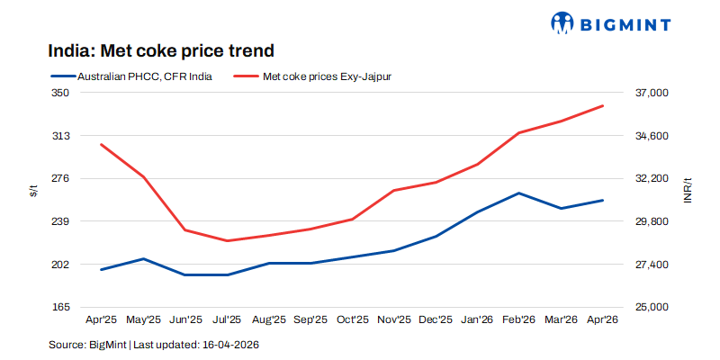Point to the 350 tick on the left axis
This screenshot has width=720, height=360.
click(60, 93)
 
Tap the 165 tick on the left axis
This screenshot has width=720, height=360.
click(60, 307)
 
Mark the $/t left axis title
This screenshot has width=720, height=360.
click(33, 190)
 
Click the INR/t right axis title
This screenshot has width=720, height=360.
click(688, 190)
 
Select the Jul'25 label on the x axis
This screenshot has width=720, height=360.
click(227, 319)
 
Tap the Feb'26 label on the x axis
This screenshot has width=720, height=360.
click(519, 319)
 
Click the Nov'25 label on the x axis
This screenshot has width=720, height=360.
click(393, 319)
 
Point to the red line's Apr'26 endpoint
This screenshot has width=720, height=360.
click(603, 105)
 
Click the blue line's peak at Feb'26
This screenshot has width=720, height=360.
click(519, 193)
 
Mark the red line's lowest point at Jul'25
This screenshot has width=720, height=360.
click(227, 240)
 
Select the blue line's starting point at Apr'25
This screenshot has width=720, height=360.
click(102, 269)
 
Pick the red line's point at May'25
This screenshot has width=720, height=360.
click(143, 177)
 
